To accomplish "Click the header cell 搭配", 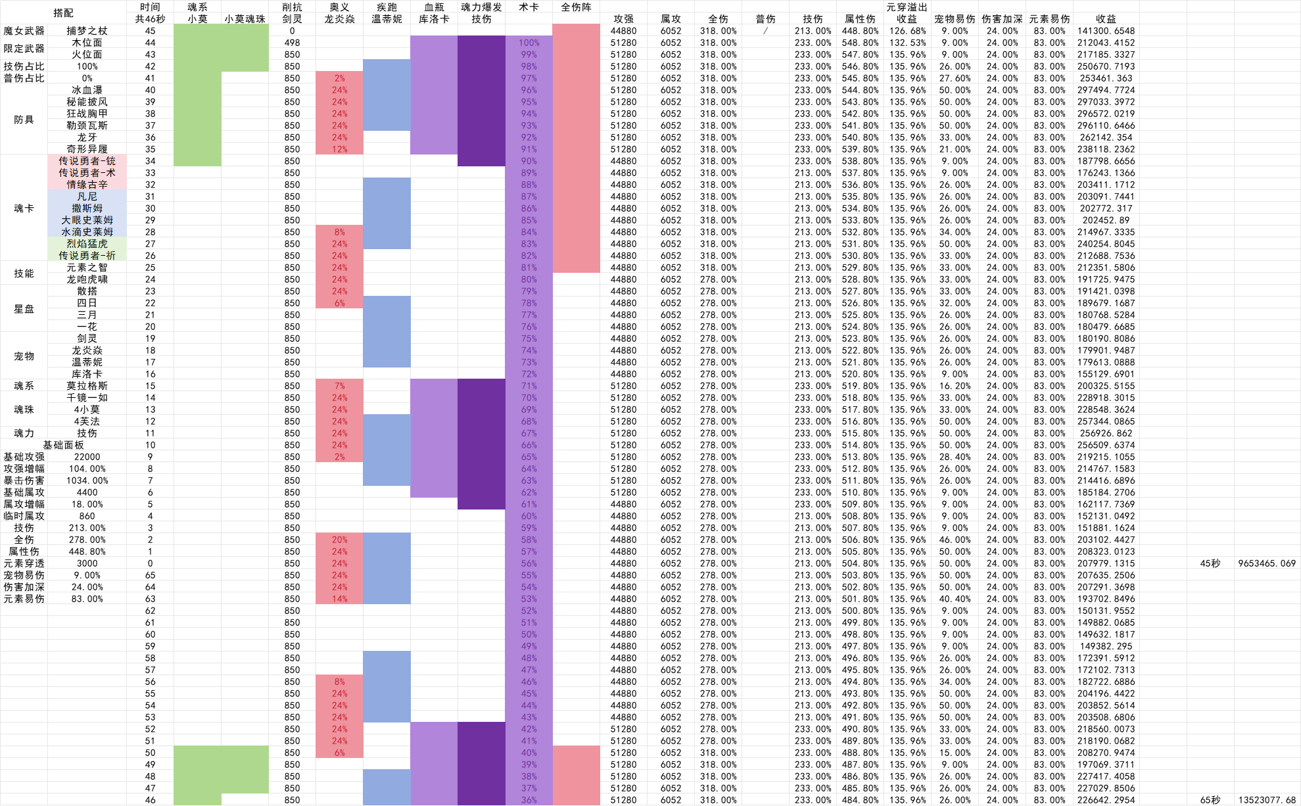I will click(63, 12).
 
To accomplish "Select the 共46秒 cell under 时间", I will click(150, 19).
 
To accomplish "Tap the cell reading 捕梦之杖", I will click(87, 31).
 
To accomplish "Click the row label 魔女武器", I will click(24, 31).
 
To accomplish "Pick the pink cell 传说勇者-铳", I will click(87, 161).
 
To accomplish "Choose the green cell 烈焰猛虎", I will click(87, 244).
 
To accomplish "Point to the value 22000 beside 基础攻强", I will click(87, 457).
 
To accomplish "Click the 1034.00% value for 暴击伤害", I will click(87, 481).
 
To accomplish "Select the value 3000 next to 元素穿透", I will click(87, 563).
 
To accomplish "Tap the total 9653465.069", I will click(1266, 563).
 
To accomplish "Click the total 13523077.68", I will click(1266, 800).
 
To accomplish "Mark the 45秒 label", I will click(1210, 563).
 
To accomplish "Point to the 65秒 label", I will click(1210, 800).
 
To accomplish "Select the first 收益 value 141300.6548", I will click(1106, 31).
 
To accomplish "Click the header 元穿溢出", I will click(907, 7).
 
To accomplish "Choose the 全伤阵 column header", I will click(576, 7).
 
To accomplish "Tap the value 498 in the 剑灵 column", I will click(292, 43).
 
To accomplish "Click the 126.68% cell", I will click(907, 31).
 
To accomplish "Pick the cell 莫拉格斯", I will click(87, 386).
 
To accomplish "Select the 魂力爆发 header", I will click(481, 7).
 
